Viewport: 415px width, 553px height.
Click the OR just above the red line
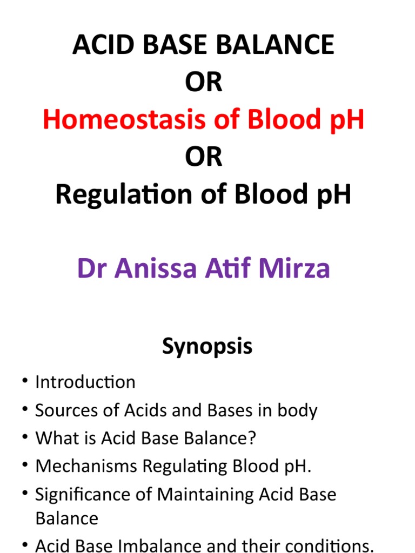click(x=204, y=83)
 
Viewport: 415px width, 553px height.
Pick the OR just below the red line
click(x=204, y=158)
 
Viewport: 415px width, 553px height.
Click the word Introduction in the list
click(x=85, y=382)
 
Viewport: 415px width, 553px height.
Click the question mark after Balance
click(x=252, y=439)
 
